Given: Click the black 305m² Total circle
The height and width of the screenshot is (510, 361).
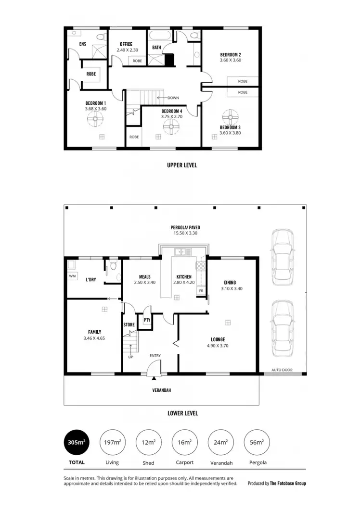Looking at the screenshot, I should [x=77, y=442].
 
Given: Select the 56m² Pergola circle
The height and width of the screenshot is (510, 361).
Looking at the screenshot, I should [x=257, y=442].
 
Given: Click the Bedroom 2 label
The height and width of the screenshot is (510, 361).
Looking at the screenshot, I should [x=230, y=55].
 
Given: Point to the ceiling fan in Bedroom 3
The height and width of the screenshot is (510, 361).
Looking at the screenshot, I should [x=230, y=117].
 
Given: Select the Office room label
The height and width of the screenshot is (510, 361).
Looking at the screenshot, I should [x=126, y=44].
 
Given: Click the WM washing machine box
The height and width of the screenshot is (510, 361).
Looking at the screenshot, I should [x=73, y=276].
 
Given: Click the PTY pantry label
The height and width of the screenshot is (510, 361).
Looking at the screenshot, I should [x=146, y=320].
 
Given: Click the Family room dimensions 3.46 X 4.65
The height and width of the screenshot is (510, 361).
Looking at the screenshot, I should [x=94, y=338].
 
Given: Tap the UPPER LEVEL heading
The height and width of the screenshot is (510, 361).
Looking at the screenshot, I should [x=182, y=165].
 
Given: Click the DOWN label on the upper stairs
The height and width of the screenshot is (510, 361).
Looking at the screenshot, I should [x=173, y=98].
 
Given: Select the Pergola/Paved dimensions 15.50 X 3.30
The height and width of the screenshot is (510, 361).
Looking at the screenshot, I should [x=185, y=233].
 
